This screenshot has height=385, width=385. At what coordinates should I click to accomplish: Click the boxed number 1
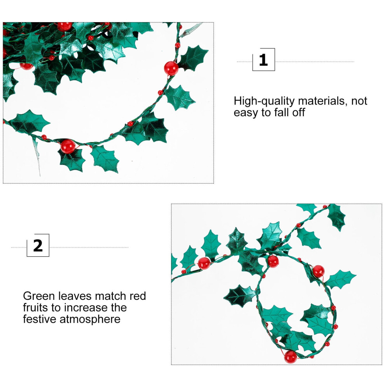(x=263, y=59)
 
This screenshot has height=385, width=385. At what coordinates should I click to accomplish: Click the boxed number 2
(x=38, y=245)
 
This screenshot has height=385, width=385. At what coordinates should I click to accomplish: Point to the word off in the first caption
(x=298, y=112)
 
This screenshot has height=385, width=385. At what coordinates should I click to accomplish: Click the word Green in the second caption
(x=39, y=296)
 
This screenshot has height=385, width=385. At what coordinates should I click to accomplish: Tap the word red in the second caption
(x=138, y=296)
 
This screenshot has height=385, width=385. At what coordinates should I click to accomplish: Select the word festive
(x=40, y=319)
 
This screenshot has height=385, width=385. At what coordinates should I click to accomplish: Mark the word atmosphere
(x=90, y=320)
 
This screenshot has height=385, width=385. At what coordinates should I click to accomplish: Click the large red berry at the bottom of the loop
(x=290, y=357)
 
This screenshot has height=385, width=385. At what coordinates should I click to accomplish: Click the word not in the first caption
(x=359, y=101)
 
